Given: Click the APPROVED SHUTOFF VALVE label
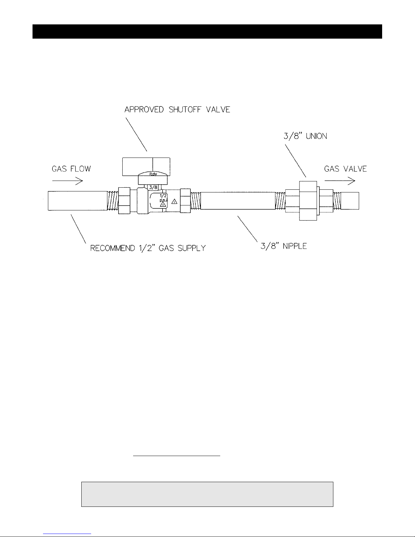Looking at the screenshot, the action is click(177, 109).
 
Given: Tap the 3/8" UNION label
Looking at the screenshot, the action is click(305, 136).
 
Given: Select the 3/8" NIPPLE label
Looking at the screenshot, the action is click(284, 246).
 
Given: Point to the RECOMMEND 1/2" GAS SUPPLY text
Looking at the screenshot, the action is click(148, 248).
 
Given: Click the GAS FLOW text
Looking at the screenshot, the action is click(71, 169).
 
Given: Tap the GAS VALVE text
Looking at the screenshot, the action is click(345, 169).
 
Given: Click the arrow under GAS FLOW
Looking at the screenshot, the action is click(67, 181).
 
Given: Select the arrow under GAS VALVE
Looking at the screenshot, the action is click(340, 181).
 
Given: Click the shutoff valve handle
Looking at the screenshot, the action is click(146, 167).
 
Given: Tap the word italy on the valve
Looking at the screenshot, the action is click(153, 174).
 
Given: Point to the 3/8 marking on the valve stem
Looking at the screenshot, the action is click(153, 187).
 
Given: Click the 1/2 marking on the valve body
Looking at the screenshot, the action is click(163, 196).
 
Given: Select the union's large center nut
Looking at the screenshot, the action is click(308, 201).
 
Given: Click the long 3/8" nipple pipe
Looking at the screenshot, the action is click(238, 201).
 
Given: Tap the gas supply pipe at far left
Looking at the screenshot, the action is click(78, 201).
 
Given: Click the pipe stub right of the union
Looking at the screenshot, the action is click(350, 201).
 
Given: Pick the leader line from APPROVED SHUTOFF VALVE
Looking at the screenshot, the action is click(136, 134).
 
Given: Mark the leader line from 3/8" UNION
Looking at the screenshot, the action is click(296, 161).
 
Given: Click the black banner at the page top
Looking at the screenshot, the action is click(207, 32).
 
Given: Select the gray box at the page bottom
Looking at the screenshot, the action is click(207, 494).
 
